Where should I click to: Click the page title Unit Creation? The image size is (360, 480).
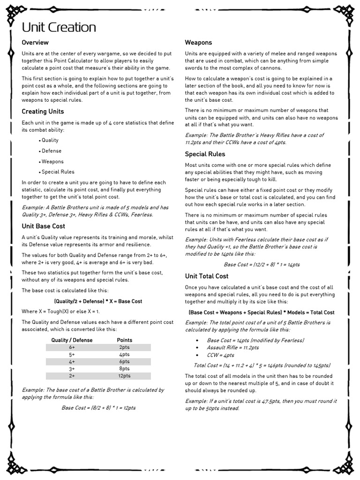[x=59, y=27]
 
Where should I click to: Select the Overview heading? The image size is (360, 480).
[x=35, y=43]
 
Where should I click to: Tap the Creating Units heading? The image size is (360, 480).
[x=43, y=112]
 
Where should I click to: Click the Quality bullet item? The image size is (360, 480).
[x=50, y=140]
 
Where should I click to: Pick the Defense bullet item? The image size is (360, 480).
[x=51, y=151]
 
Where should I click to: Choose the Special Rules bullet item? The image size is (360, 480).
[x=58, y=172]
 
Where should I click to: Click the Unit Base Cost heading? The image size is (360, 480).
[x=43, y=226]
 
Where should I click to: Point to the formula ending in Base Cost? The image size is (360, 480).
[x=98, y=301]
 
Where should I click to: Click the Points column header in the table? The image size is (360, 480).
[x=124, y=340]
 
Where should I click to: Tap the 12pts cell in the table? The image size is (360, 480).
[x=124, y=376]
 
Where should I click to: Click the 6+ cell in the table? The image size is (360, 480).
[x=72, y=347]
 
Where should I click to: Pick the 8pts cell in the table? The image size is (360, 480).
[x=124, y=369]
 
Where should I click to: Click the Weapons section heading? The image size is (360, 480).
[x=198, y=43]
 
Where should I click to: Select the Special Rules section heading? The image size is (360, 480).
[x=205, y=154]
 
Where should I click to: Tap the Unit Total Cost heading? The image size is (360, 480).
[x=207, y=276]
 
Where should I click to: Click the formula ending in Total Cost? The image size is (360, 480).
[x=261, y=312]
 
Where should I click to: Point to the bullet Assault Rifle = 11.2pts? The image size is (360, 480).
[x=232, y=348]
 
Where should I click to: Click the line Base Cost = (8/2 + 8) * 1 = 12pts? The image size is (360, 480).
[x=98, y=408]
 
